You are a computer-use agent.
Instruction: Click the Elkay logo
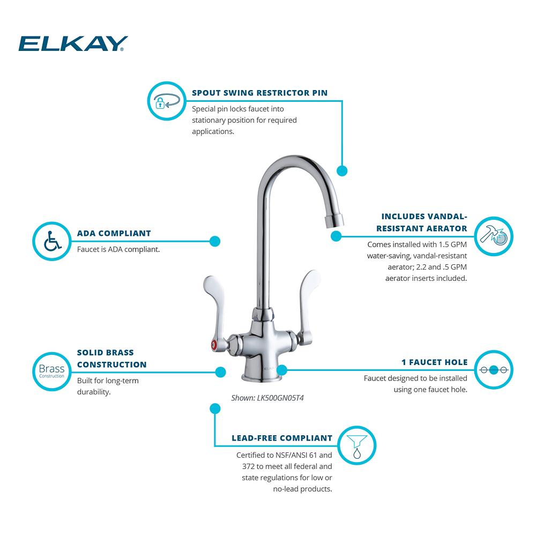pos(73,43)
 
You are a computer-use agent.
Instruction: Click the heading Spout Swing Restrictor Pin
pos(259,93)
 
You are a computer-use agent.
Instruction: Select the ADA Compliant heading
pos(114,233)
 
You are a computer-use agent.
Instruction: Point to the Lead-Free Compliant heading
pos(282,438)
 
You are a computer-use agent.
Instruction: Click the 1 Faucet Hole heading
pos(434,362)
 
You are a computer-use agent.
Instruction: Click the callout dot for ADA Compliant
pos(214,241)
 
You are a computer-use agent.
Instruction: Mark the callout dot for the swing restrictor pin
pos(341,171)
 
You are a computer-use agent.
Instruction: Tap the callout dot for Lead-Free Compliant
pos(214,409)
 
